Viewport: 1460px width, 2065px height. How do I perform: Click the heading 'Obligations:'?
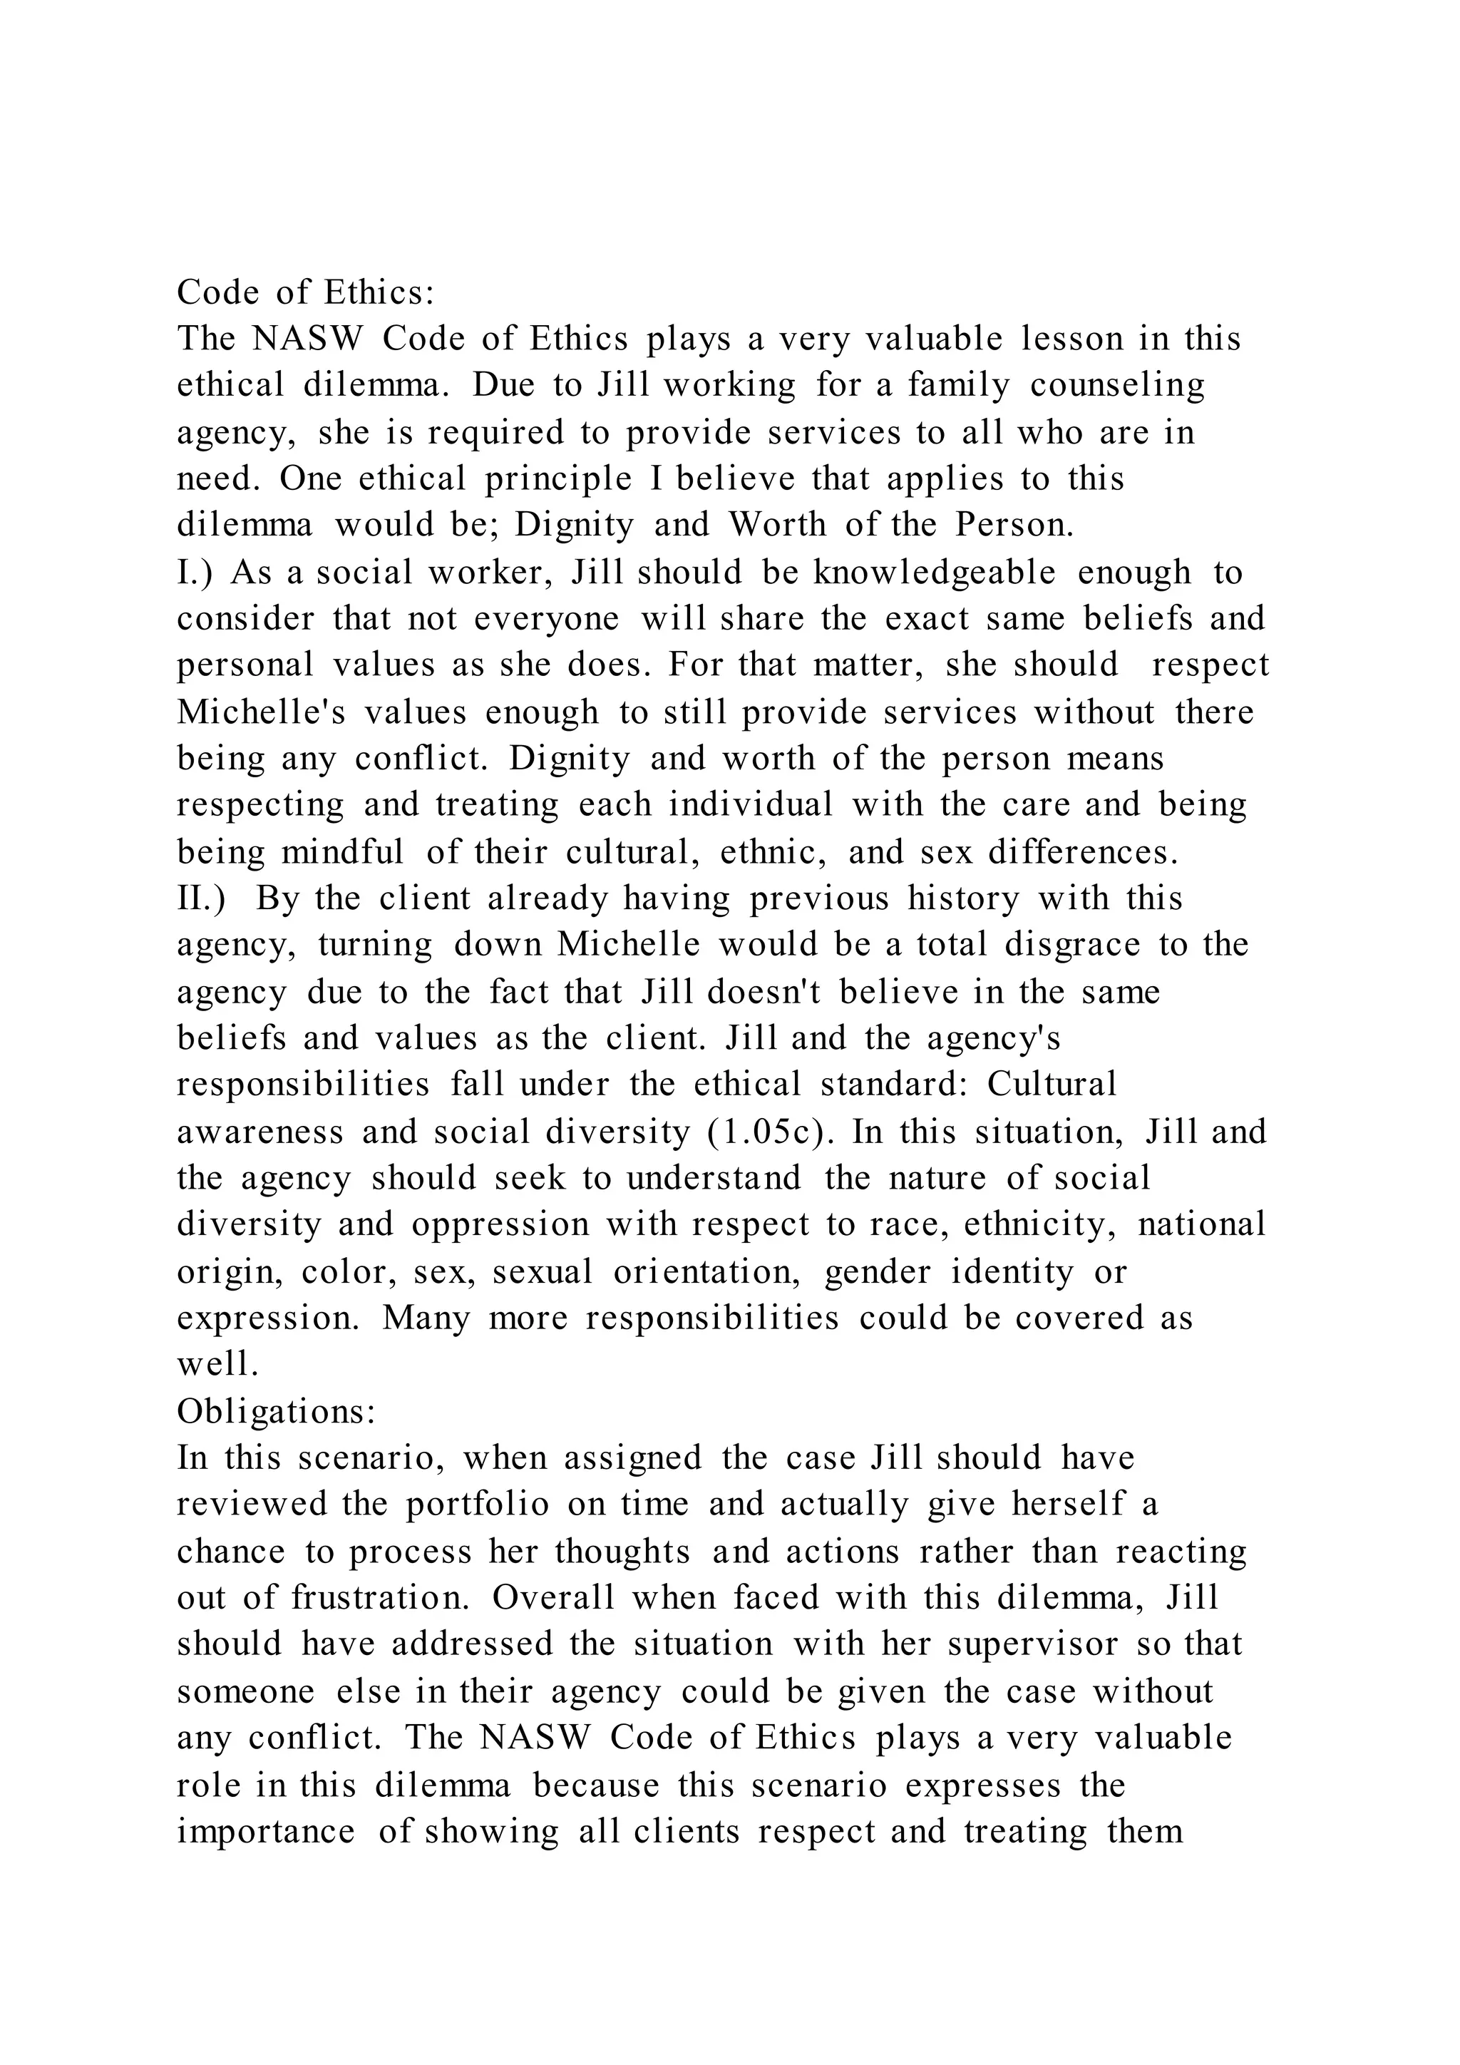tap(275, 1411)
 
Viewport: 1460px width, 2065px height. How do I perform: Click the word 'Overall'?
tap(552, 1597)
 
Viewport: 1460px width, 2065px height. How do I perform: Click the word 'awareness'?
tap(259, 1132)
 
